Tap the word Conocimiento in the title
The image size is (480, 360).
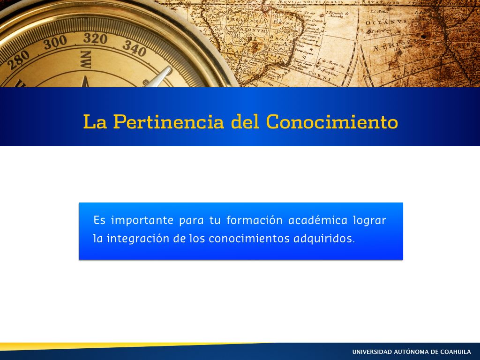tap(332, 121)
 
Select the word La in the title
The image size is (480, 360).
tap(95, 121)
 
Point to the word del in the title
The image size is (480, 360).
tap(245, 121)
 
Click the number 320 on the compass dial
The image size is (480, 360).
tap(95, 38)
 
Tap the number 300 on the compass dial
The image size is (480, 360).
tap(55, 42)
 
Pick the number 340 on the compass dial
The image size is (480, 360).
tap(135, 48)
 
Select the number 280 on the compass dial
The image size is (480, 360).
tap(19, 60)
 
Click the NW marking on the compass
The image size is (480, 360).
tap(86, 60)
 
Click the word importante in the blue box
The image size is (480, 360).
tap(142, 221)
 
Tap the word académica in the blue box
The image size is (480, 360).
tap(318, 220)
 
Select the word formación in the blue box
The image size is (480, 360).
tap(255, 220)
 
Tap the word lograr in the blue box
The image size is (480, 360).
tap(369, 221)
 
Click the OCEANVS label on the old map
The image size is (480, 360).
tap(386, 22)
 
